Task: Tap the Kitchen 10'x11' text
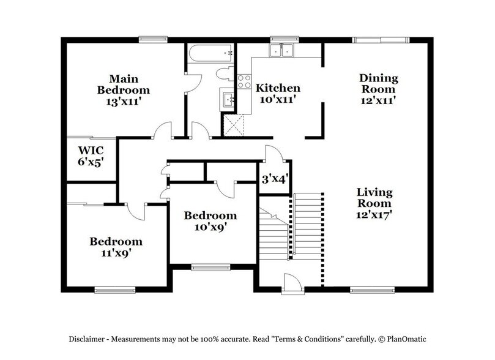pyautogui.click(x=277, y=92)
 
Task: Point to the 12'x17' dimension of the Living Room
pyautogui.click(x=374, y=214)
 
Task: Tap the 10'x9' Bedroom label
pyautogui.click(x=210, y=221)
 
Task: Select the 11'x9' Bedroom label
pyautogui.click(x=116, y=247)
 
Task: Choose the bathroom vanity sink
pyautogui.click(x=228, y=99)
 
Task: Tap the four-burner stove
pyautogui.click(x=244, y=81)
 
